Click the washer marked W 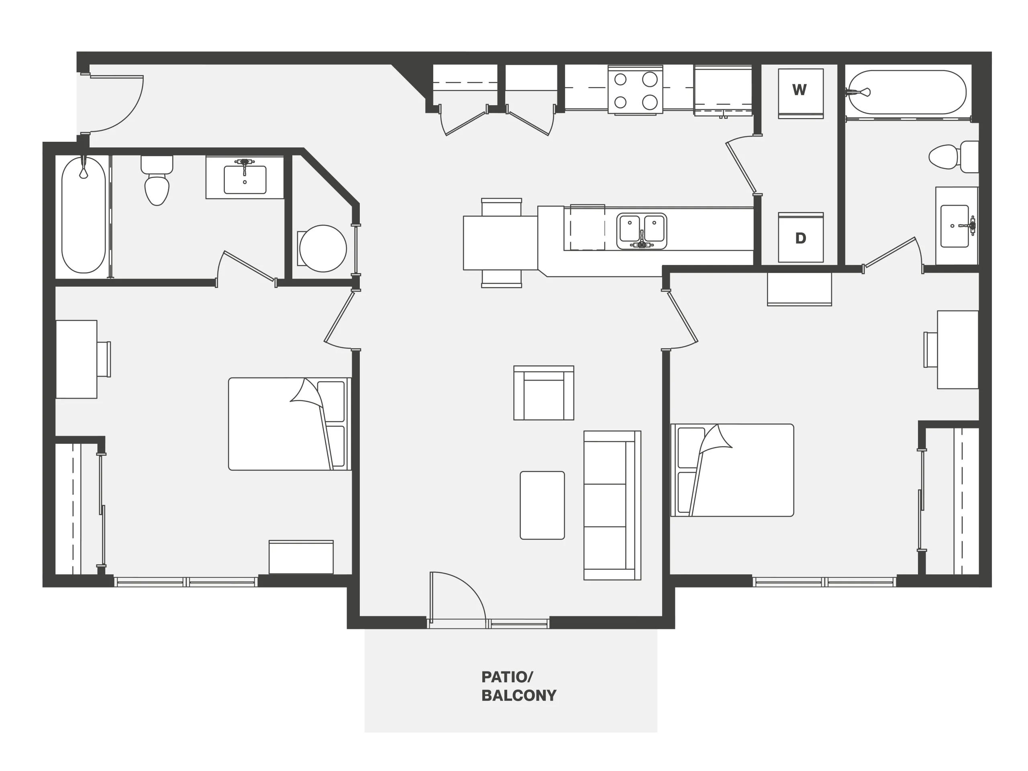click(801, 94)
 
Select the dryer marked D click(801, 237)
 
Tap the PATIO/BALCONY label click(519, 686)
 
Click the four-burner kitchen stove click(635, 90)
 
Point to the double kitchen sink click(642, 231)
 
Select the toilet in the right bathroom click(954, 157)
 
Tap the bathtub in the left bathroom click(84, 215)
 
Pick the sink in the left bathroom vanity click(245, 179)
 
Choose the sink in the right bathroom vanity click(955, 226)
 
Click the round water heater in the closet click(323, 249)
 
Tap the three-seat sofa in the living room click(612, 505)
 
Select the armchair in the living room click(544, 393)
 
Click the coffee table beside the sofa click(543, 505)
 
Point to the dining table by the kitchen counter click(500, 243)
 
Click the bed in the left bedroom click(290, 424)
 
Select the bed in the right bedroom click(732, 470)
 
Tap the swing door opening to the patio click(458, 599)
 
